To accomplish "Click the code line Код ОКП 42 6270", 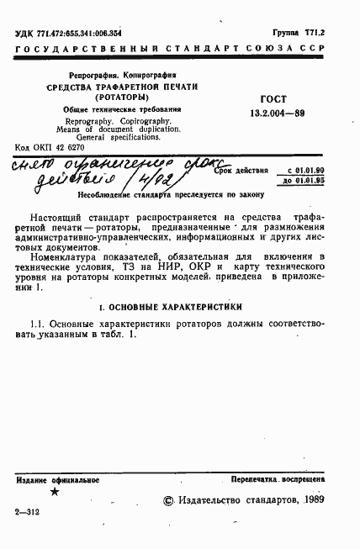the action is (x=53, y=145).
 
